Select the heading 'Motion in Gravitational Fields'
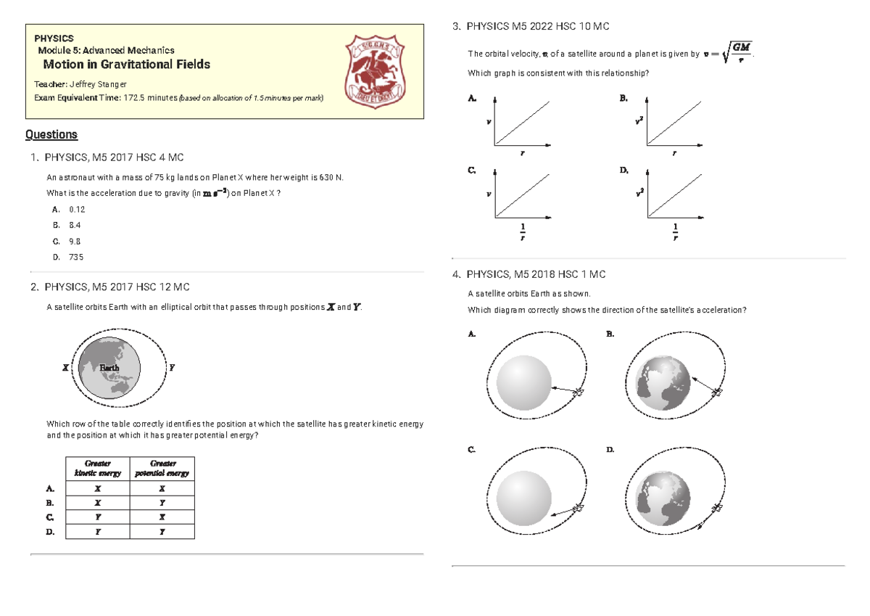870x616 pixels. tap(127, 64)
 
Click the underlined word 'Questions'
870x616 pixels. tap(51, 134)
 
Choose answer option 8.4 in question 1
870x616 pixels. tap(75, 225)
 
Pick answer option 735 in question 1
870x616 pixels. tap(76, 257)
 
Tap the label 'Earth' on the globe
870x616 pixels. tap(109, 368)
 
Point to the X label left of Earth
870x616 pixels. tap(65, 368)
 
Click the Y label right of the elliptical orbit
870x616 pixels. tap(171, 368)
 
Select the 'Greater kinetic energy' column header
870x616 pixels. tap(98, 468)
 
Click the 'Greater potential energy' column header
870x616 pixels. tap(162, 468)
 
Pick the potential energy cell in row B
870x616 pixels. tap(162, 502)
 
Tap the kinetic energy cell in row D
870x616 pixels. tap(98, 532)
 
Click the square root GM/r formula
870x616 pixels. tap(736, 53)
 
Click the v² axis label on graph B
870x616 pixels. tap(637, 121)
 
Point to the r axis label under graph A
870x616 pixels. tap(523, 154)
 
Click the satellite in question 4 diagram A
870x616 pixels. tap(579, 392)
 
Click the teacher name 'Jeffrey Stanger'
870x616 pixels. tap(97, 85)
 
